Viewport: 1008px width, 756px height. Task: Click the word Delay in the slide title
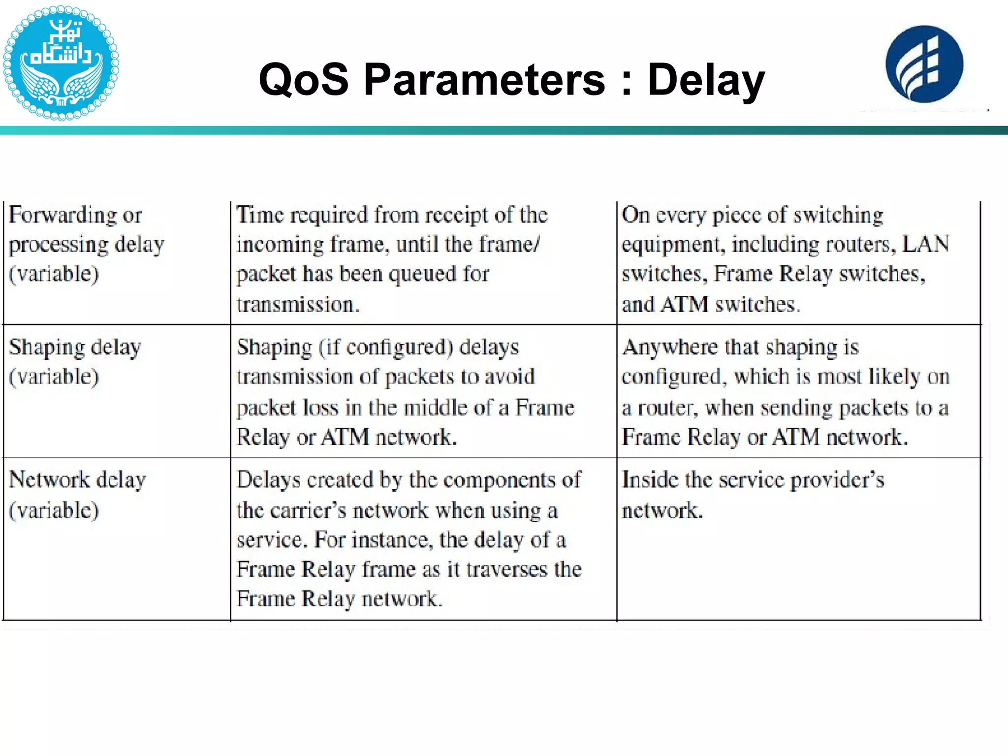[x=706, y=80]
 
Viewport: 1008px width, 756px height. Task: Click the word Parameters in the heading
[x=484, y=79]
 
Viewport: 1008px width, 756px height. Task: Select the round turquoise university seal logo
[x=61, y=63]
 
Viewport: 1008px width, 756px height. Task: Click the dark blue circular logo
[x=924, y=64]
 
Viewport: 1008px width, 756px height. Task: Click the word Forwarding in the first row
[x=63, y=215]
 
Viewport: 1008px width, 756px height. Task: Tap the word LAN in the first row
[x=925, y=244]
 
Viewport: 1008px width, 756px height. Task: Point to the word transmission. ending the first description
[x=298, y=305]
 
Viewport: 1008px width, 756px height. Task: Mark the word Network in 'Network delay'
[x=49, y=480]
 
